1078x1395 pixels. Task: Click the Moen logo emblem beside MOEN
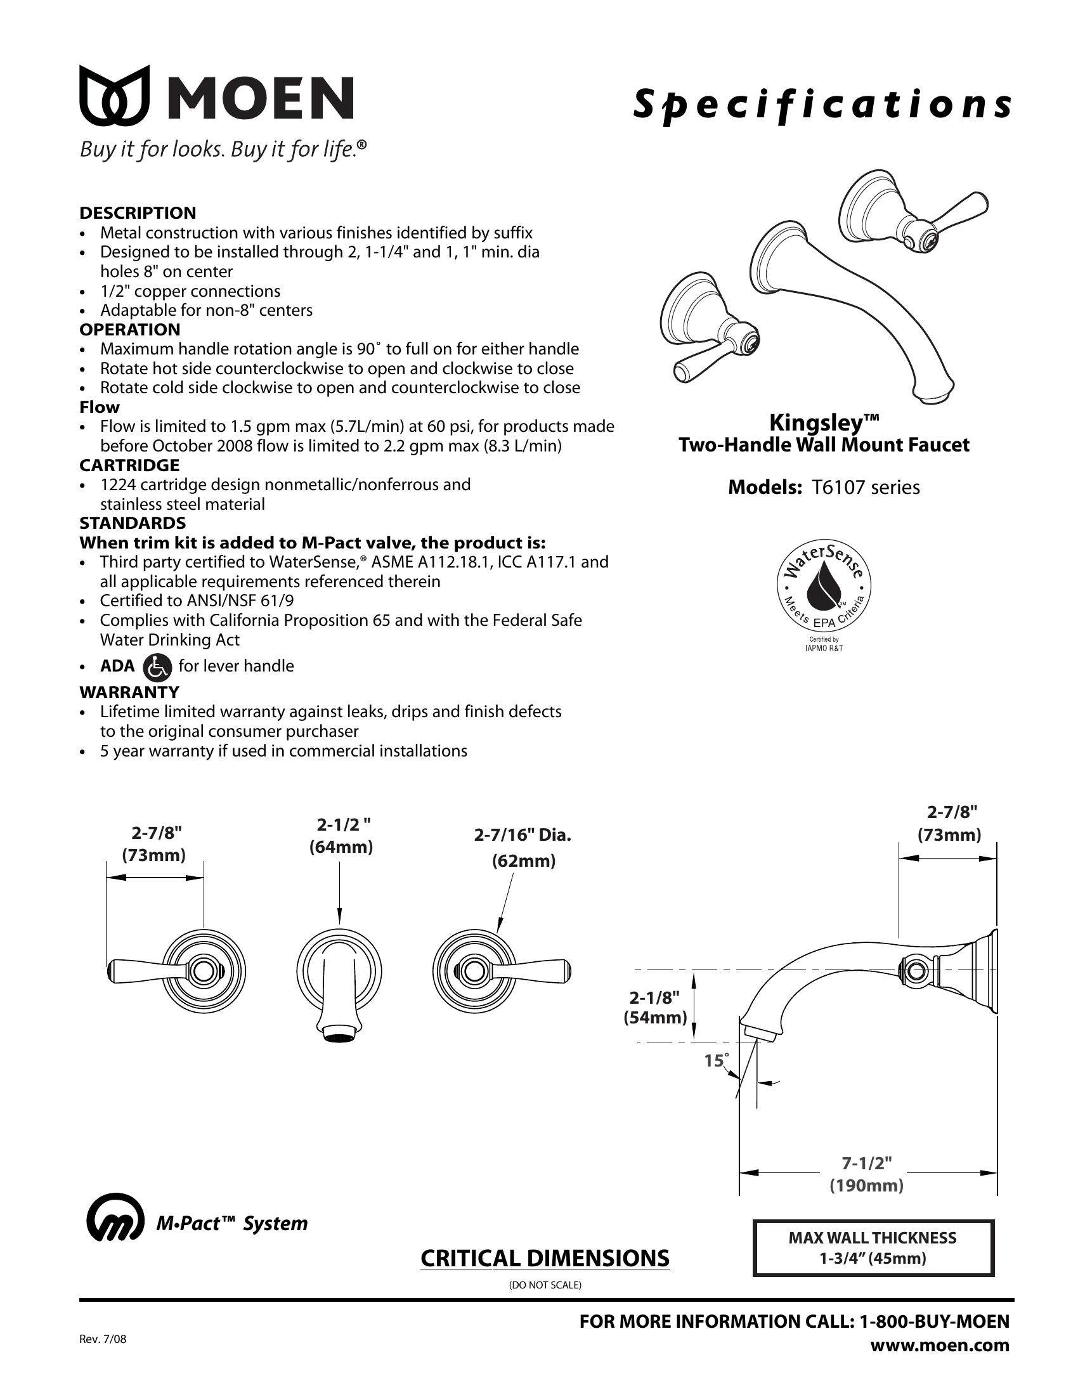click(x=114, y=95)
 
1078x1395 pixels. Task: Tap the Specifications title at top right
click(x=822, y=105)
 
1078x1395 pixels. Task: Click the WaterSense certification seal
click(x=824, y=584)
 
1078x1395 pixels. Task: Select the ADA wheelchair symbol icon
click(x=157, y=667)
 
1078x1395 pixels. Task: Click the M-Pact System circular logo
click(x=114, y=1223)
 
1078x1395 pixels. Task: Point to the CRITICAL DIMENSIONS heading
click(x=545, y=1257)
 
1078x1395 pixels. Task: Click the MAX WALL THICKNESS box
click(x=873, y=1248)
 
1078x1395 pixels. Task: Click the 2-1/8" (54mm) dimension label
click(x=654, y=1008)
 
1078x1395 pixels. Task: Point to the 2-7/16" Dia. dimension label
click(x=523, y=835)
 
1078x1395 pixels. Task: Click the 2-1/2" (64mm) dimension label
click(x=341, y=835)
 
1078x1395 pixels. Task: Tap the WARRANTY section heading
click(x=129, y=692)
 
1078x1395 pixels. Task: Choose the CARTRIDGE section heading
click(x=129, y=465)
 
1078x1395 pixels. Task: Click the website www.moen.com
click(x=940, y=1344)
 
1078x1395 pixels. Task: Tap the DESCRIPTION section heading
click(x=138, y=212)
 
